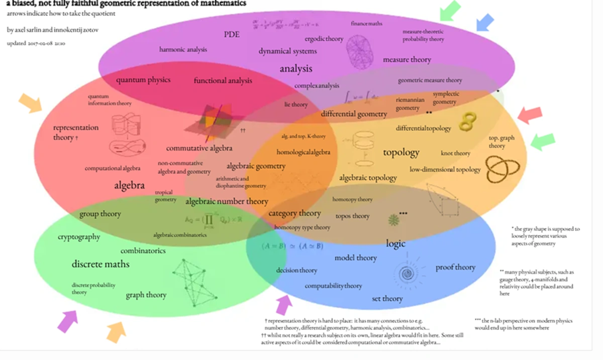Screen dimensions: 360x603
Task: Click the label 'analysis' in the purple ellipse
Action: (296, 69)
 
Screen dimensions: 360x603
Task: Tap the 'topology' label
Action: (401, 152)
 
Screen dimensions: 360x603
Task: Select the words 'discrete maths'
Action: (100, 264)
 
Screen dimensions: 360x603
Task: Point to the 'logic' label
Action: (395, 243)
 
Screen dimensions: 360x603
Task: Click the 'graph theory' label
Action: (146, 295)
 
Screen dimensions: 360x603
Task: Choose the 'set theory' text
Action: (387, 299)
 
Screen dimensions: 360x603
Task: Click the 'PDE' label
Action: (232, 34)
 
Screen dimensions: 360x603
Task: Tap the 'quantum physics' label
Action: (143, 79)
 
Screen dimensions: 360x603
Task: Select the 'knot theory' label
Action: (455, 153)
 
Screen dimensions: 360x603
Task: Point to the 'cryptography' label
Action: (79, 237)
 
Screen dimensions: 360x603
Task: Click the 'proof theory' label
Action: (455, 267)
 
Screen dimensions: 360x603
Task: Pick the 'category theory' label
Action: (294, 213)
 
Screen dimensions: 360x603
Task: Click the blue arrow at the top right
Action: (484, 22)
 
